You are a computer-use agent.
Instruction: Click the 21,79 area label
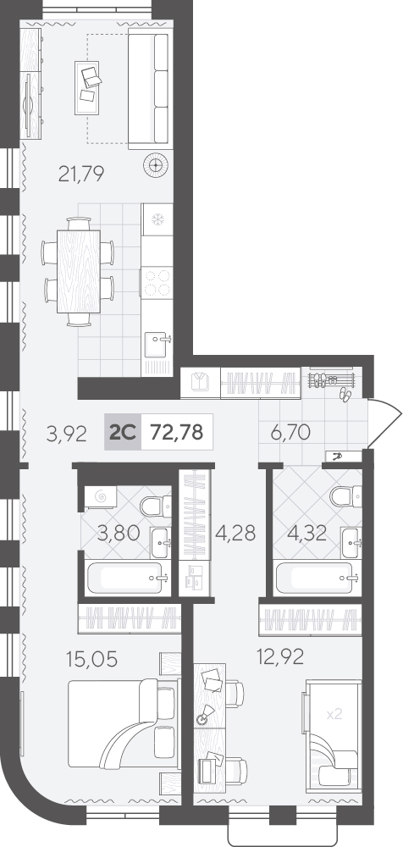coord(80,174)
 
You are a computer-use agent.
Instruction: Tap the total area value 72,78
coord(177,432)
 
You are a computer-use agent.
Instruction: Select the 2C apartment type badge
coord(123,432)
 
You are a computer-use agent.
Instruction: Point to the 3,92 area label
coord(66,435)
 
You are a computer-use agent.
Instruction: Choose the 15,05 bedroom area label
coord(91,659)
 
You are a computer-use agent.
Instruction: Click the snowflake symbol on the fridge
coord(157,220)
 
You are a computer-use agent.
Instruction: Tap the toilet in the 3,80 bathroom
coord(156,506)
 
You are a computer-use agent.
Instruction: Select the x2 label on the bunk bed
coord(335,714)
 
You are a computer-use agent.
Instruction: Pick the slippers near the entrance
coord(345,395)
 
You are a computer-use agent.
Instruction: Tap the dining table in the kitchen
coord(79,272)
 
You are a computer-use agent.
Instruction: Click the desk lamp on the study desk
coord(205,713)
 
